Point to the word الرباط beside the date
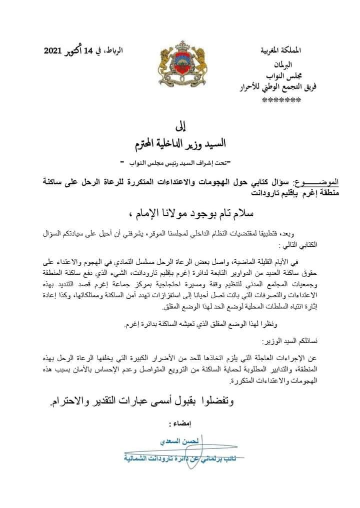pos(128,50)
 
